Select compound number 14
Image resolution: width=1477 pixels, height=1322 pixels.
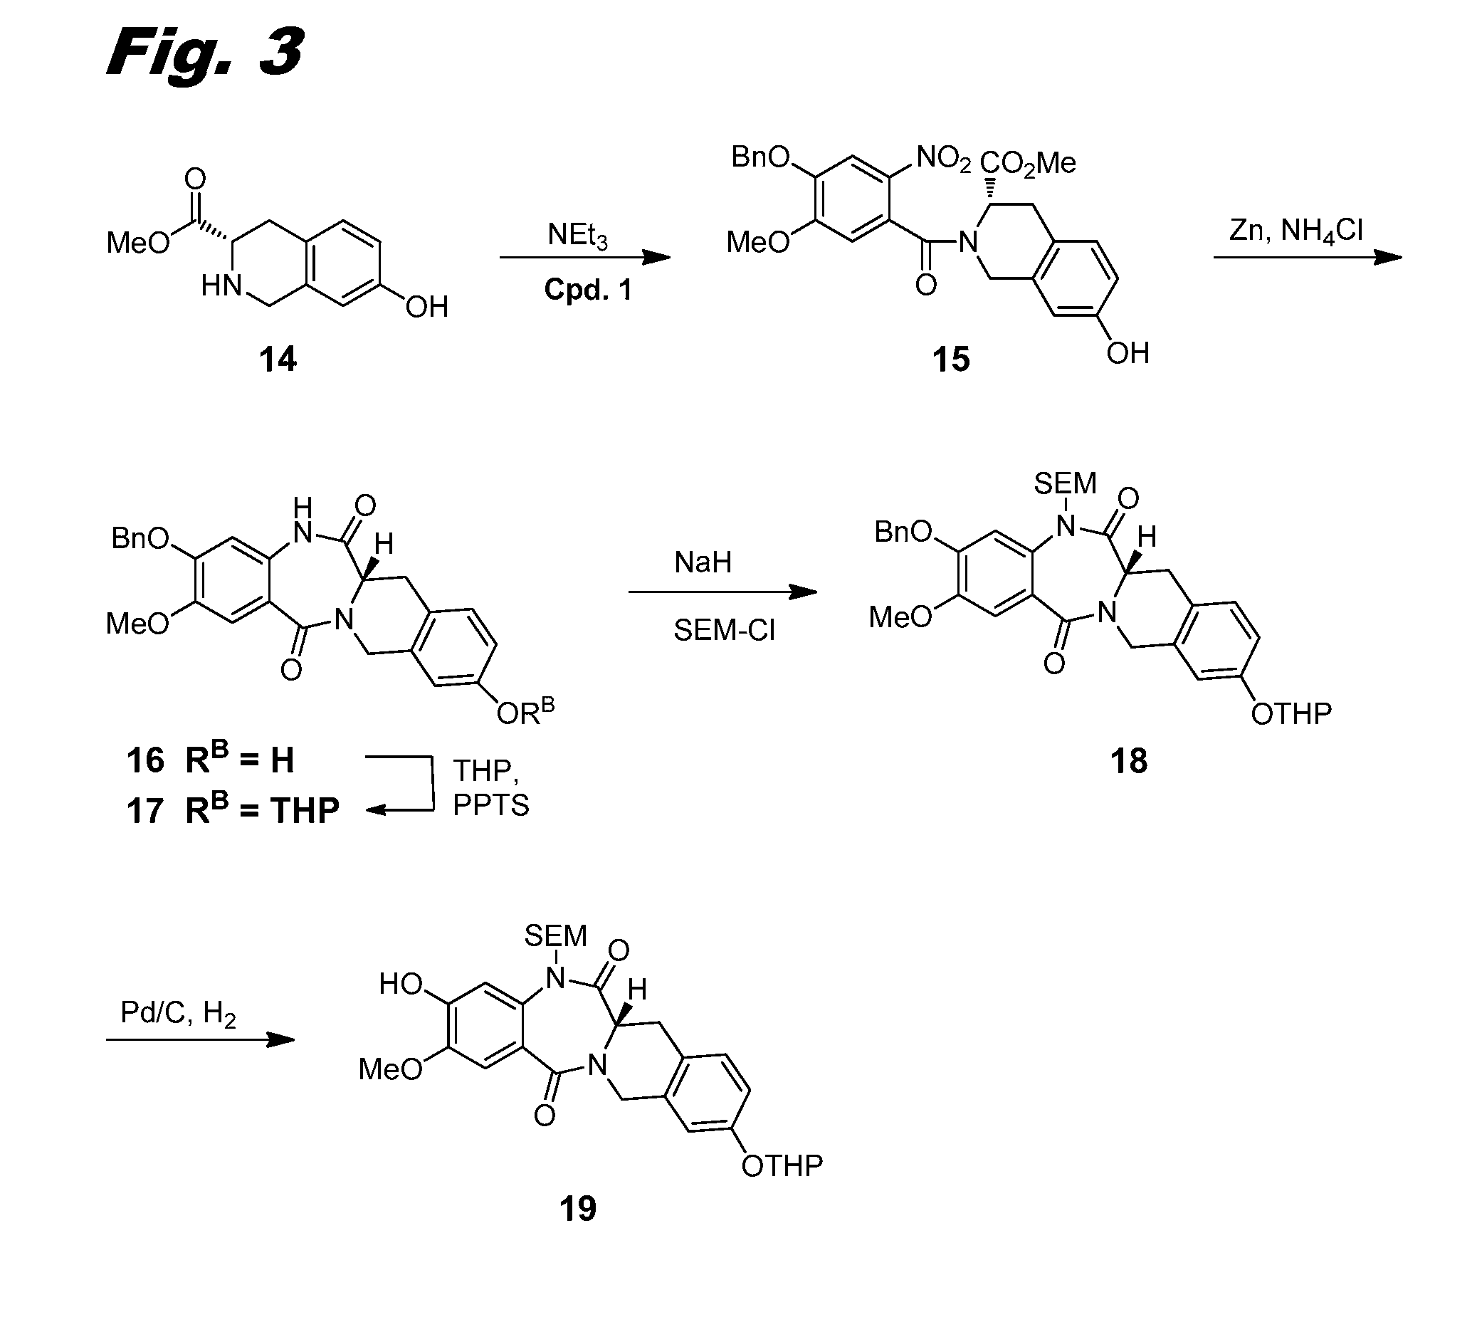click(278, 360)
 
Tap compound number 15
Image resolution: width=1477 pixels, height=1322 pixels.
click(950, 360)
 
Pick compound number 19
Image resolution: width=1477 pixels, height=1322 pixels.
click(577, 1210)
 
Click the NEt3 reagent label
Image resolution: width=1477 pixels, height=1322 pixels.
click(578, 236)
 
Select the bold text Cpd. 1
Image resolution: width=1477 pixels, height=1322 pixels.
click(588, 290)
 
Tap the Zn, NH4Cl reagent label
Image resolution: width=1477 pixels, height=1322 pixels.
click(1295, 231)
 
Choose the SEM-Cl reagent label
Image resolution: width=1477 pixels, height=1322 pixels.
click(724, 631)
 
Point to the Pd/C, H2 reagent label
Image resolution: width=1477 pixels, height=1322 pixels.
click(179, 1013)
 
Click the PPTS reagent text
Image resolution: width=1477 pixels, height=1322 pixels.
click(491, 806)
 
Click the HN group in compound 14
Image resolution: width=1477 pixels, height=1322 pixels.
click(221, 286)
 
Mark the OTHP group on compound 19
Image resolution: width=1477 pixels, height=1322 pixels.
click(782, 1166)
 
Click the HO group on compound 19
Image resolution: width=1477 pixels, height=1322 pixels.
click(401, 985)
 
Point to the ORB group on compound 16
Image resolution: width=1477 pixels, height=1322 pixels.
click(525, 713)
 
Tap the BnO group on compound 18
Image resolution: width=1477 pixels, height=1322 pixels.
click(903, 533)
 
